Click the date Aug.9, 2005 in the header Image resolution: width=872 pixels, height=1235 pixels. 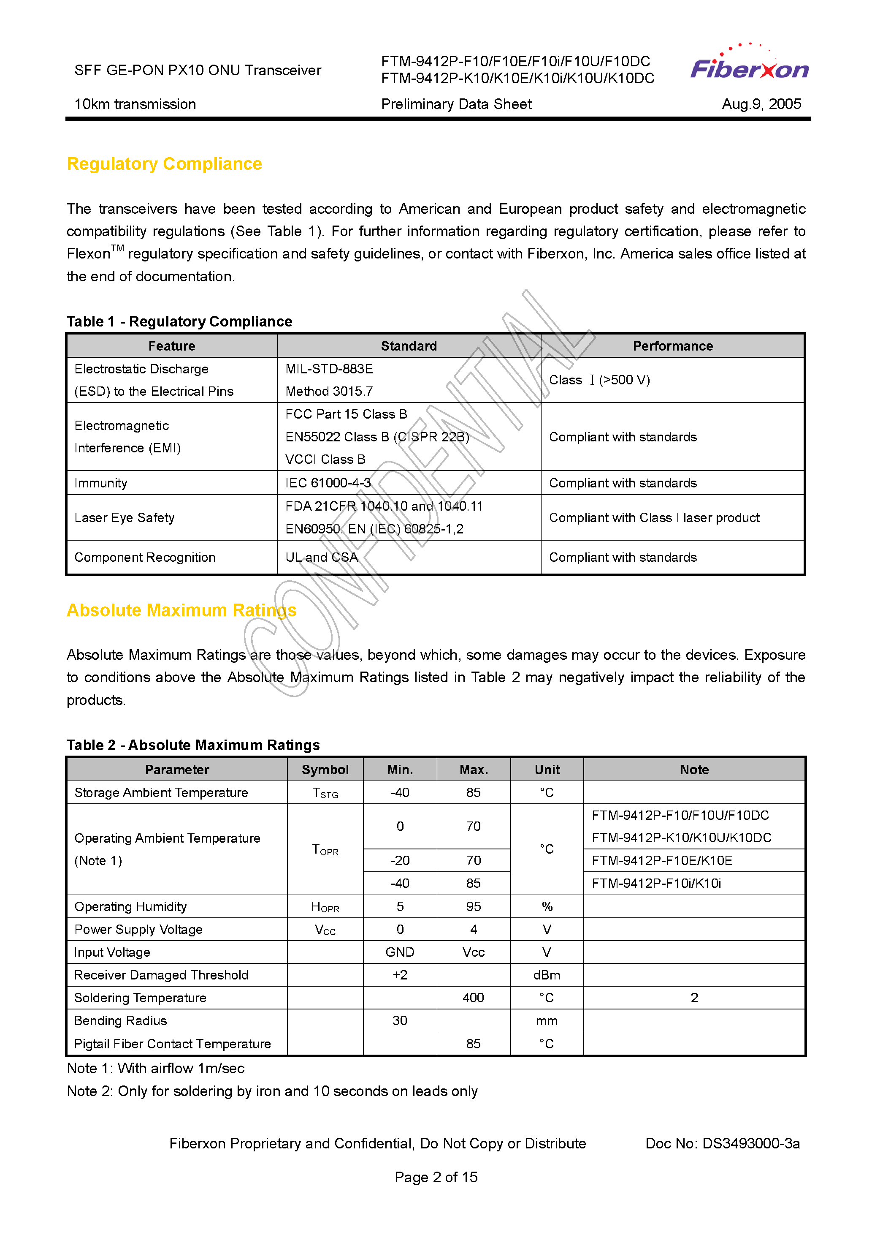[761, 104]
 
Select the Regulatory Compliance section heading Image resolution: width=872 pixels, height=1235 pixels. [164, 163]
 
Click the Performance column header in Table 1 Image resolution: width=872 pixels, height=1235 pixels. [672, 346]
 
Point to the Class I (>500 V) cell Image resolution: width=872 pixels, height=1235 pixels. [599, 380]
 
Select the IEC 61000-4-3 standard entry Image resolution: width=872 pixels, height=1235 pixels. [328, 483]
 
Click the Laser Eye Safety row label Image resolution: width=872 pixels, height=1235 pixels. [124, 517]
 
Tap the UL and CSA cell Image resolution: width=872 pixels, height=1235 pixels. [322, 557]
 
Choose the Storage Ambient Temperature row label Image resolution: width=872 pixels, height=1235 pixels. [161, 793]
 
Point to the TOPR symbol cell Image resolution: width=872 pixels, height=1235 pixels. [325, 850]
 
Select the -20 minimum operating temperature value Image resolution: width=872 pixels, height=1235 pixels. [400, 861]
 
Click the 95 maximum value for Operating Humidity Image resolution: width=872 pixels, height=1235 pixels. [473, 907]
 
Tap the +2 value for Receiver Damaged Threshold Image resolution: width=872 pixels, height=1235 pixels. [400, 975]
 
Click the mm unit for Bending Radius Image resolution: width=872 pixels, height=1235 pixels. [547, 1021]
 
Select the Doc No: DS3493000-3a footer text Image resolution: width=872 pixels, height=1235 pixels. [722, 1144]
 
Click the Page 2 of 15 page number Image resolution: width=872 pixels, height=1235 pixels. [436, 1178]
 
